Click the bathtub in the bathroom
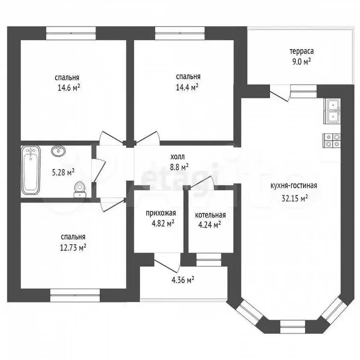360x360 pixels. pyautogui.click(x=31, y=170)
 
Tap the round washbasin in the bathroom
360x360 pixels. pyautogui.click(x=58, y=151)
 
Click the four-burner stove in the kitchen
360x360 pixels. pyautogui.click(x=332, y=140)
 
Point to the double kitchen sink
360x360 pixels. pyautogui.click(x=332, y=112)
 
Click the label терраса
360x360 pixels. pyautogui.click(x=301, y=51)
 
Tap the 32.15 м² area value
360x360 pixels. pyautogui.click(x=294, y=198)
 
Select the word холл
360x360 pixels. pyautogui.click(x=177, y=157)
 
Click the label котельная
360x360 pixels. pyautogui.click(x=210, y=215)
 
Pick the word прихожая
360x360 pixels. pyautogui.click(x=161, y=213)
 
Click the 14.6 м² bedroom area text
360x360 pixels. pyautogui.click(x=69, y=88)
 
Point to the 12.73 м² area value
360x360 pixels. pyautogui.click(x=73, y=247)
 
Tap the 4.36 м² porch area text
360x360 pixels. pyautogui.click(x=183, y=280)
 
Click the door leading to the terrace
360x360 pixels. pyautogui.click(x=279, y=93)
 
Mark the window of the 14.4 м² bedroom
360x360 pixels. pyautogui.click(x=180, y=33)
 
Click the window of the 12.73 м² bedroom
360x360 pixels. pyautogui.click(x=75, y=295)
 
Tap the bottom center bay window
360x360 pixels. pyautogui.click(x=292, y=326)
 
